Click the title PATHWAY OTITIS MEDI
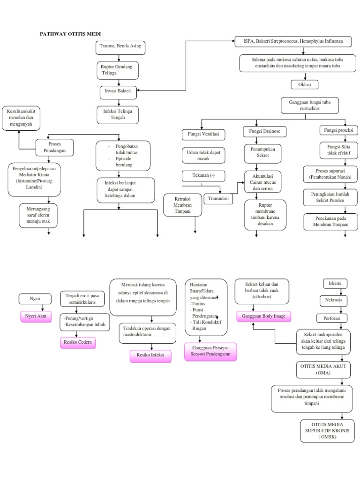pyautogui.click(x=70, y=34)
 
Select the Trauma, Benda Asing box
pyautogui.click(x=120, y=47)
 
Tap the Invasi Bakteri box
pyautogui.click(x=119, y=92)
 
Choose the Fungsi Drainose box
pyautogui.click(x=265, y=131)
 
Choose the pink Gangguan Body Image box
pyautogui.click(x=263, y=316)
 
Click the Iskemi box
pyautogui.click(x=335, y=284)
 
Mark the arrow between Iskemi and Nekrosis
pyautogui.click(x=334, y=292)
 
